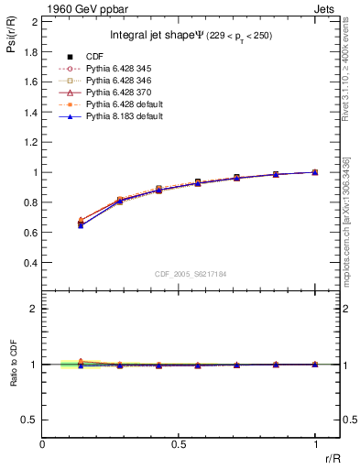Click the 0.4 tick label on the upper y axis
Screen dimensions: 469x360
pyautogui.click(x=30, y=263)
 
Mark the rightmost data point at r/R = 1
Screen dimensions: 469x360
pyautogui.click(x=315, y=172)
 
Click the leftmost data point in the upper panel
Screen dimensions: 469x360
pyautogui.click(x=81, y=224)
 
